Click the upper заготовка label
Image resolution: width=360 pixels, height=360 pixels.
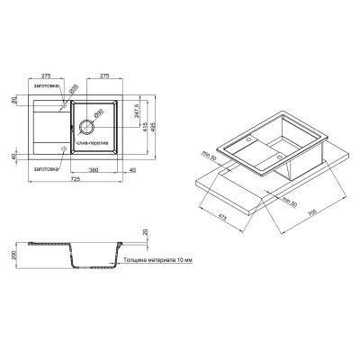click(45, 87)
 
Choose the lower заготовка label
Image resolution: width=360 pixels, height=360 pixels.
click(45, 168)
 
